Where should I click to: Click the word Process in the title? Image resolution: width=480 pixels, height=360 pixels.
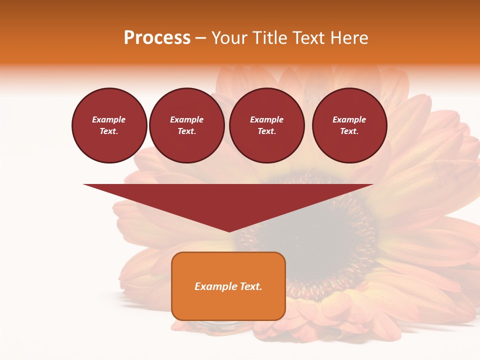pos(157,38)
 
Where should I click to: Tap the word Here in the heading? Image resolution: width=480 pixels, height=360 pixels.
pos(348,38)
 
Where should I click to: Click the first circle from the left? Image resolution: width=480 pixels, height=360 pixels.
pos(109,125)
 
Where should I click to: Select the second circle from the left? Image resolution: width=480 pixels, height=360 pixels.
pos(187,125)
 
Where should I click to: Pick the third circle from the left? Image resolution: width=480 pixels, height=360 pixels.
pos(267,125)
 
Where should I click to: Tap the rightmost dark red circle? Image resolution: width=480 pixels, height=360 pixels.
pos(349,125)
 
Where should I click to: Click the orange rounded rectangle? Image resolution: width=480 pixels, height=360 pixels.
pos(228,286)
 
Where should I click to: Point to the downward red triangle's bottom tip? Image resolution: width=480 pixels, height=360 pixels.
pos(229,231)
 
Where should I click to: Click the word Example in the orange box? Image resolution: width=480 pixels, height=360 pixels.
pos(215,286)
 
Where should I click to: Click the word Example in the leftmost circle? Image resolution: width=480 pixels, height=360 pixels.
pos(109,119)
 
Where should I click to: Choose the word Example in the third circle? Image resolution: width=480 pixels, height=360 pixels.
pos(266,119)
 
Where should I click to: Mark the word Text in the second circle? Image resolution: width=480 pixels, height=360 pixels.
pos(186,131)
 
